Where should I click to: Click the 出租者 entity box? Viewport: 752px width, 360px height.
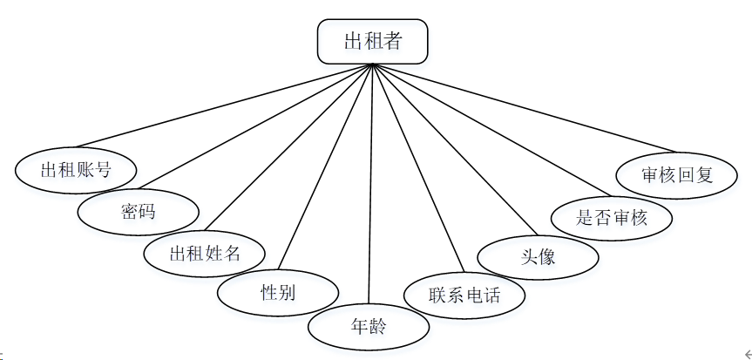[x=372, y=41]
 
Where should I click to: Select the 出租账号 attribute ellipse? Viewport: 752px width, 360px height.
[x=76, y=169]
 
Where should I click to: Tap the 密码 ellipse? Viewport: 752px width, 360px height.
[x=138, y=210]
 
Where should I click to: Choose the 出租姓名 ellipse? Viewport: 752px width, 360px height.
[x=204, y=254]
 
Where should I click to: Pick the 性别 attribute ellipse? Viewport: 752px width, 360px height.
[x=277, y=293]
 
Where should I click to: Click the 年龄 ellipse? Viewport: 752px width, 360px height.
[x=369, y=328]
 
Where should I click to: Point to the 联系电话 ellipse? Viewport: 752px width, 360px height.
[x=464, y=295]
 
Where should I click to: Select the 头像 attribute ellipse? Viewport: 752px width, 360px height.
[x=538, y=256]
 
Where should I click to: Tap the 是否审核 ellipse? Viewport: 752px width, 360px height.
[x=612, y=217]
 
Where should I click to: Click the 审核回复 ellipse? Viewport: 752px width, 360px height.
[x=677, y=174]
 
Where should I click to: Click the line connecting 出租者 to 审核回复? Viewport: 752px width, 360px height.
[x=523, y=106]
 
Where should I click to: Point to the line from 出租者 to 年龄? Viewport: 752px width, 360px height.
[x=370, y=183]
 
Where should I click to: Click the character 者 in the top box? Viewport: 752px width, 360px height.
[x=394, y=41]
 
